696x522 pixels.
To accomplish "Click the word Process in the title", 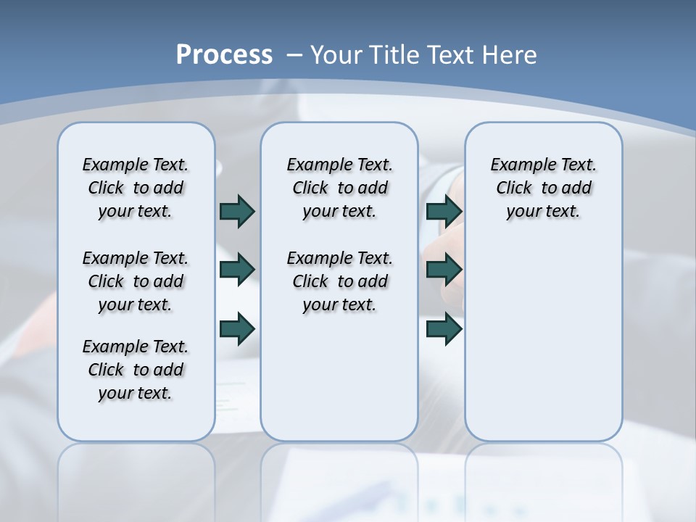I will click(224, 55).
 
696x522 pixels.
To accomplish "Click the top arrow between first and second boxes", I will click(237, 211).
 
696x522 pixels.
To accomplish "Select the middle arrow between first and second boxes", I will click(237, 270).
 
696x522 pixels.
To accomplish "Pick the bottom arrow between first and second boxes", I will click(237, 329).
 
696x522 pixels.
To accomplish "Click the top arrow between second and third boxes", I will click(444, 211).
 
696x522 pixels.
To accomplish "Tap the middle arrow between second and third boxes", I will click(444, 270).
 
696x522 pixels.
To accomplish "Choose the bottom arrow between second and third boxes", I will click(444, 329).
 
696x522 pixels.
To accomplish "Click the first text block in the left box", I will click(136, 188).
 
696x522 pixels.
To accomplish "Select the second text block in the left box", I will click(136, 281).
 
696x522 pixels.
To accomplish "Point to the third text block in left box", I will click(136, 370).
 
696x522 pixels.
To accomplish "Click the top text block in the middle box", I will click(339, 188).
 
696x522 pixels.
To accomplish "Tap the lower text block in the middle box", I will click(339, 281).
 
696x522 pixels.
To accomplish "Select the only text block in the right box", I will click(543, 188).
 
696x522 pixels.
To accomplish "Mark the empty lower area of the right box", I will click(543, 341).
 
